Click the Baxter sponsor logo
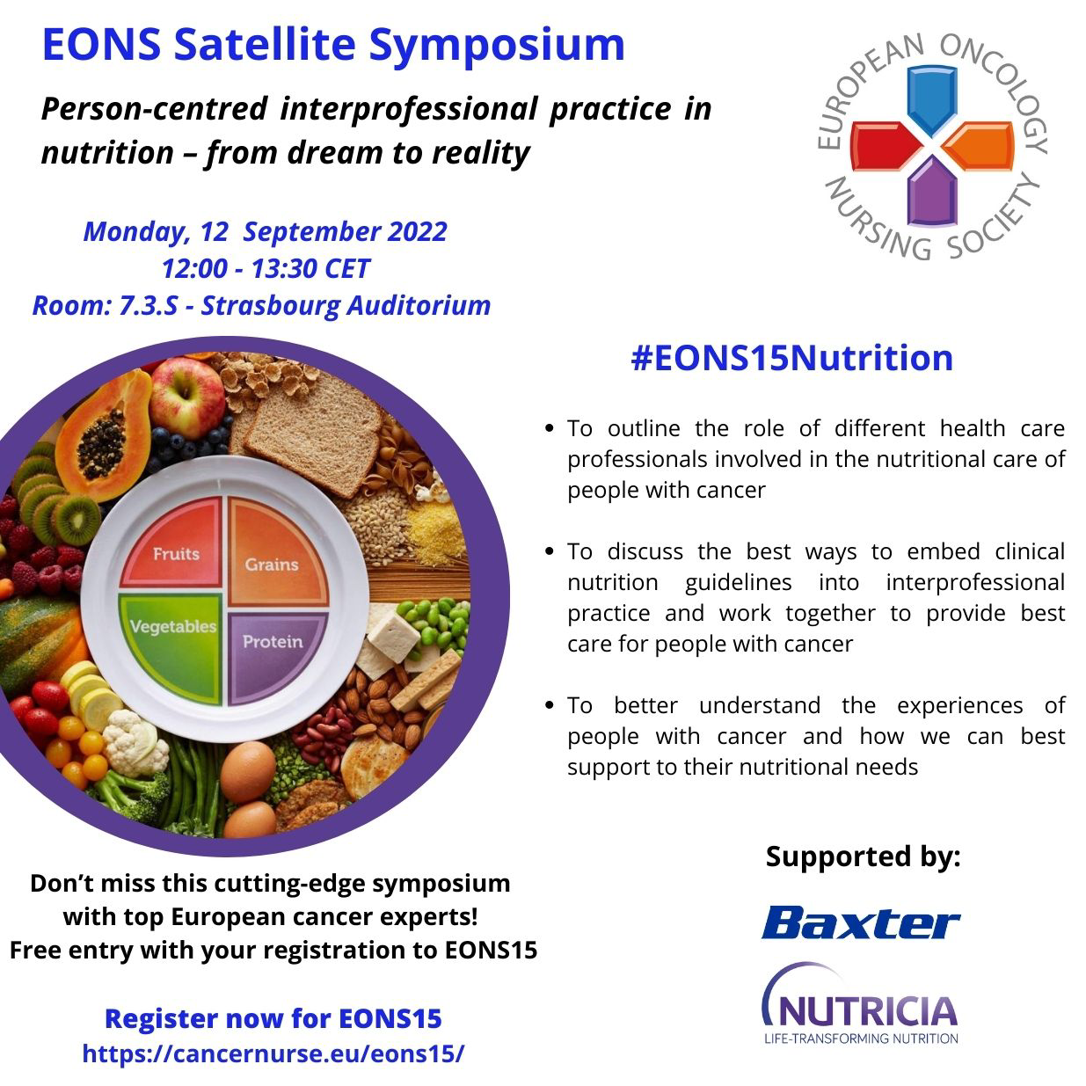860,922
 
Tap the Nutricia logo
860,1008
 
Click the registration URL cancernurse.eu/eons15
273,1053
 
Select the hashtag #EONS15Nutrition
791,358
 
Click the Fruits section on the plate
176,553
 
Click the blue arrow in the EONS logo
930,101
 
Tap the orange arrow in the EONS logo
978,145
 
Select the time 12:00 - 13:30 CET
265,268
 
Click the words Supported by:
863,856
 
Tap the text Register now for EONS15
273,1018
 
